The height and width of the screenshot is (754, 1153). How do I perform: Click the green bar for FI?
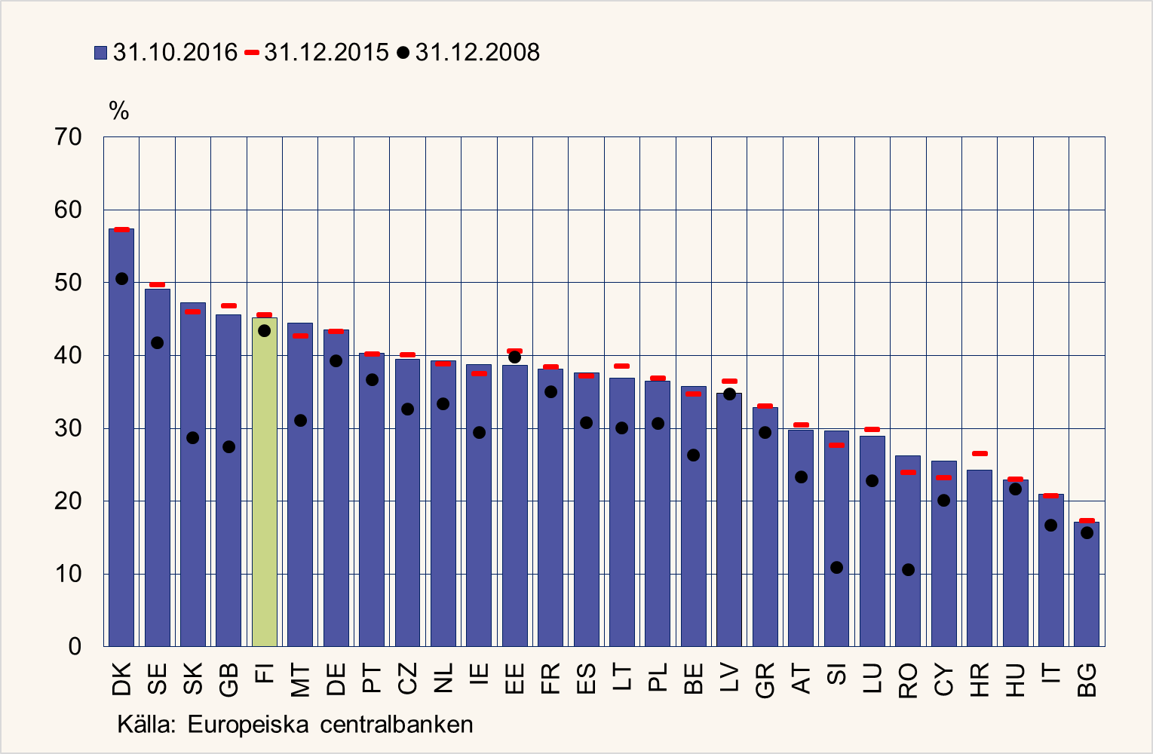tap(265, 483)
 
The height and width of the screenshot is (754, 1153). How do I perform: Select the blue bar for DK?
tap(121, 437)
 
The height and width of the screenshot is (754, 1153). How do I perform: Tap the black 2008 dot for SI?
tap(836, 568)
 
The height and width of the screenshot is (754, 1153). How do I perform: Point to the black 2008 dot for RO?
tap(908, 570)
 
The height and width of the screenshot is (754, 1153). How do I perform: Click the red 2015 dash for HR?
tap(980, 454)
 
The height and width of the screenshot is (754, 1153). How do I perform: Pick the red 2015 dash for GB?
tap(228, 306)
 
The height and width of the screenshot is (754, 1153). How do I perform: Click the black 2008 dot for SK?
tap(193, 438)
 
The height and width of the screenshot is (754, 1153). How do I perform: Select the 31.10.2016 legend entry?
tap(166, 53)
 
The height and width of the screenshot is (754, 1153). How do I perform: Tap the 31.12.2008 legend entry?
tap(469, 53)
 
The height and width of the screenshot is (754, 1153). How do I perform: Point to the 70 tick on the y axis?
tap(68, 137)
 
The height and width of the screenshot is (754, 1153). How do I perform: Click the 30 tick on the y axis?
tap(68, 428)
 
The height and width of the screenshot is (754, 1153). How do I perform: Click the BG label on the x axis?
tap(1087, 679)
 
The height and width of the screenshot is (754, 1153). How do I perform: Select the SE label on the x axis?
tap(158, 679)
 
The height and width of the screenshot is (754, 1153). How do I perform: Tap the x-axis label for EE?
tap(515, 679)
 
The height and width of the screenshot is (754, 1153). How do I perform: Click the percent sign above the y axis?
tap(119, 112)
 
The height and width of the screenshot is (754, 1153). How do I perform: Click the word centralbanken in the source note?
tap(397, 725)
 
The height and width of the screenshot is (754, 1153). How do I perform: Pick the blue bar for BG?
tap(1087, 584)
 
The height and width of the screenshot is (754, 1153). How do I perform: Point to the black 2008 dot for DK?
tap(121, 279)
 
